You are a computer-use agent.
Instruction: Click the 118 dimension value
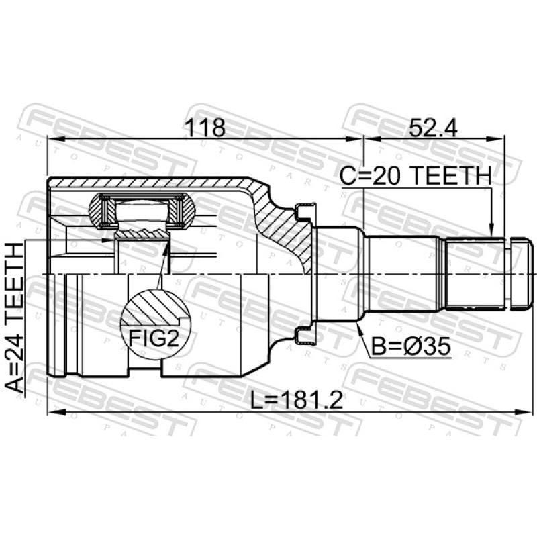[x=205, y=127]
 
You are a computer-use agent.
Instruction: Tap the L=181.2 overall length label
[x=297, y=401]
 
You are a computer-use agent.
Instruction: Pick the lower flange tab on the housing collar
[x=303, y=338]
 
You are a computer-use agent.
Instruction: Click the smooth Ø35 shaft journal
[x=400, y=274]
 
